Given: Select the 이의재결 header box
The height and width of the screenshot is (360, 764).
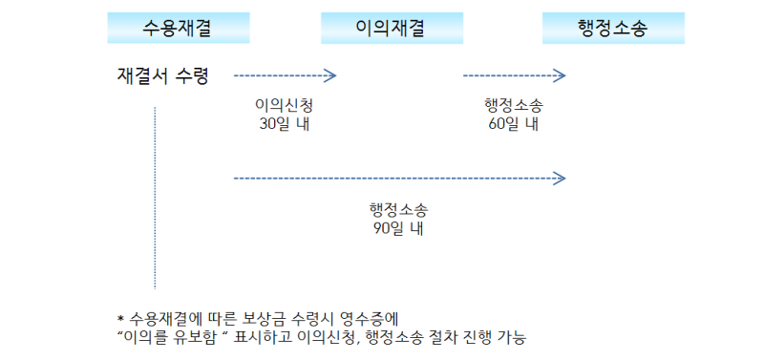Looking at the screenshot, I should click(386, 29).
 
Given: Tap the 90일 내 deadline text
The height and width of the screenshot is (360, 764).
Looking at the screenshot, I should click(398, 228).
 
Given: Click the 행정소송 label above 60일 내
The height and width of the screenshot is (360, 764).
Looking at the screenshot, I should click(514, 105).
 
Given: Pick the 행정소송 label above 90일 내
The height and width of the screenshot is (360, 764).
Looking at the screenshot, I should click(398, 209).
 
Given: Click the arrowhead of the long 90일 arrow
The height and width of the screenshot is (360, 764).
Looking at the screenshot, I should click(561, 178).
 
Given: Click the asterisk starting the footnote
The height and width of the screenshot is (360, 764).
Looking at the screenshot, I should click(120, 319).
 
